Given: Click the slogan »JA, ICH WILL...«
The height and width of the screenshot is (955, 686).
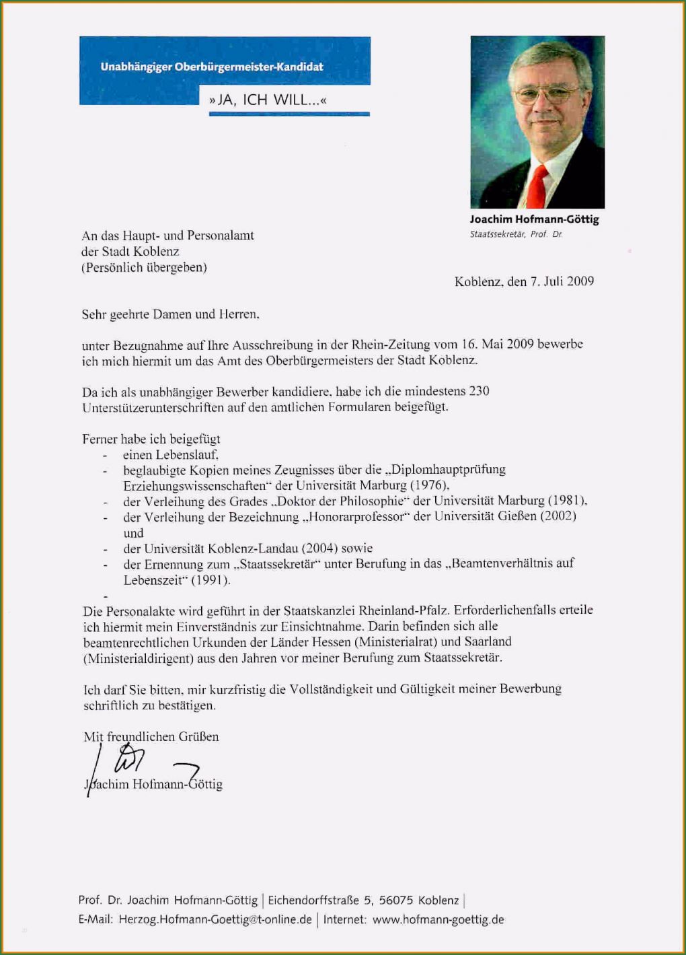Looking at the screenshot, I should pyautogui.click(x=268, y=100).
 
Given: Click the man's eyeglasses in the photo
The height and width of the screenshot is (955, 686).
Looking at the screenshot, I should pyautogui.click(x=545, y=95).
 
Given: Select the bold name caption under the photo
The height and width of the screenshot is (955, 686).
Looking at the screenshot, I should pyautogui.click(x=534, y=219).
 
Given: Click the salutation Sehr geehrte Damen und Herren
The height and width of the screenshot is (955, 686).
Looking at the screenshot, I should pyautogui.click(x=170, y=314).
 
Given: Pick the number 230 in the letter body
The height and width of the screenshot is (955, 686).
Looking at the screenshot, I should pyautogui.click(x=478, y=391).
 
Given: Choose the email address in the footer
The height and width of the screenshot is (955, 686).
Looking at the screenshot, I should pyautogui.click(x=215, y=919).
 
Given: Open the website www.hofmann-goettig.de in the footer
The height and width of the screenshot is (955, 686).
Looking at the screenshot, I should pyautogui.click(x=438, y=919).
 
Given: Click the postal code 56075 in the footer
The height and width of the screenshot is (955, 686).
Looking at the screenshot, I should pyautogui.click(x=396, y=900).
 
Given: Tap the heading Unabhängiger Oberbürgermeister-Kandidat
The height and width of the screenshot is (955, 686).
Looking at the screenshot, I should pyautogui.click(x=212, y=67).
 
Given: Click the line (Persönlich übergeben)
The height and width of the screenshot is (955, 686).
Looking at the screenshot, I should pyautogui.click(x=144, y=267).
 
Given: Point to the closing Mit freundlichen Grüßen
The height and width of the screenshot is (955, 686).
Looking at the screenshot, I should pyautogui.click(x=151, y=737).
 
